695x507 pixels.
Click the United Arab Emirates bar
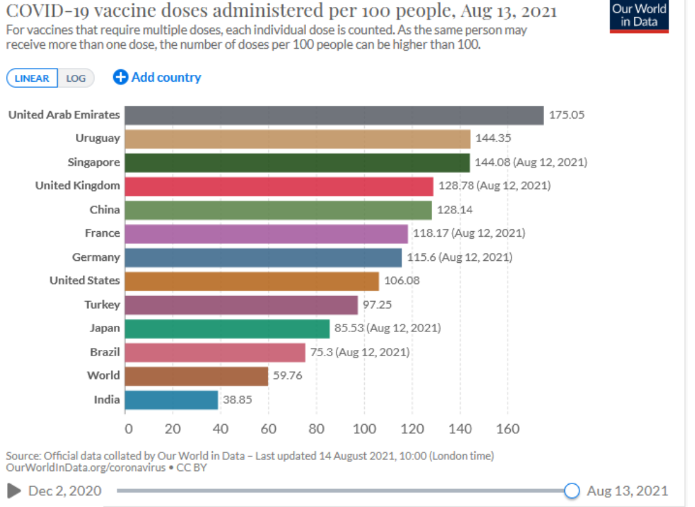click(x=334, y=115)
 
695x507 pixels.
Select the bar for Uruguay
click(x=297, y=138)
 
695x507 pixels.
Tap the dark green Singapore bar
click(x=297, y=163)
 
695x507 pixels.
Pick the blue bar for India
click(x=171, y=399)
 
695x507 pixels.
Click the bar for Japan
click(x=227, y=328)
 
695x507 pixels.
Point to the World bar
click(x=197, y=376)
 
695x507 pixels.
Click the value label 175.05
click(x=566, y=115)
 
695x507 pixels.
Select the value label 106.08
click(x=402, y=281)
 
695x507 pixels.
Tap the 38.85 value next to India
click(x=237, y=399)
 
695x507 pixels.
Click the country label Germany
click(x=96, y=257)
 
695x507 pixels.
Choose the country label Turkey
click(x=102, y=305)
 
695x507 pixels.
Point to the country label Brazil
click(x=104, y=352)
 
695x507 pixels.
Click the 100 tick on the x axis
click(x=364, y=429)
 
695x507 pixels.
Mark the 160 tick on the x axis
click(x=508, y=429)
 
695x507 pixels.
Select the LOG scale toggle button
click(x=76, y=79)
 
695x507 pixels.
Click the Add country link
click(x=157, y=77)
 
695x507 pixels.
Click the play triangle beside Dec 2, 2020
click(x=14, y=491)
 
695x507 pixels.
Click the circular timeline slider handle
click(x=572, y=491)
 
